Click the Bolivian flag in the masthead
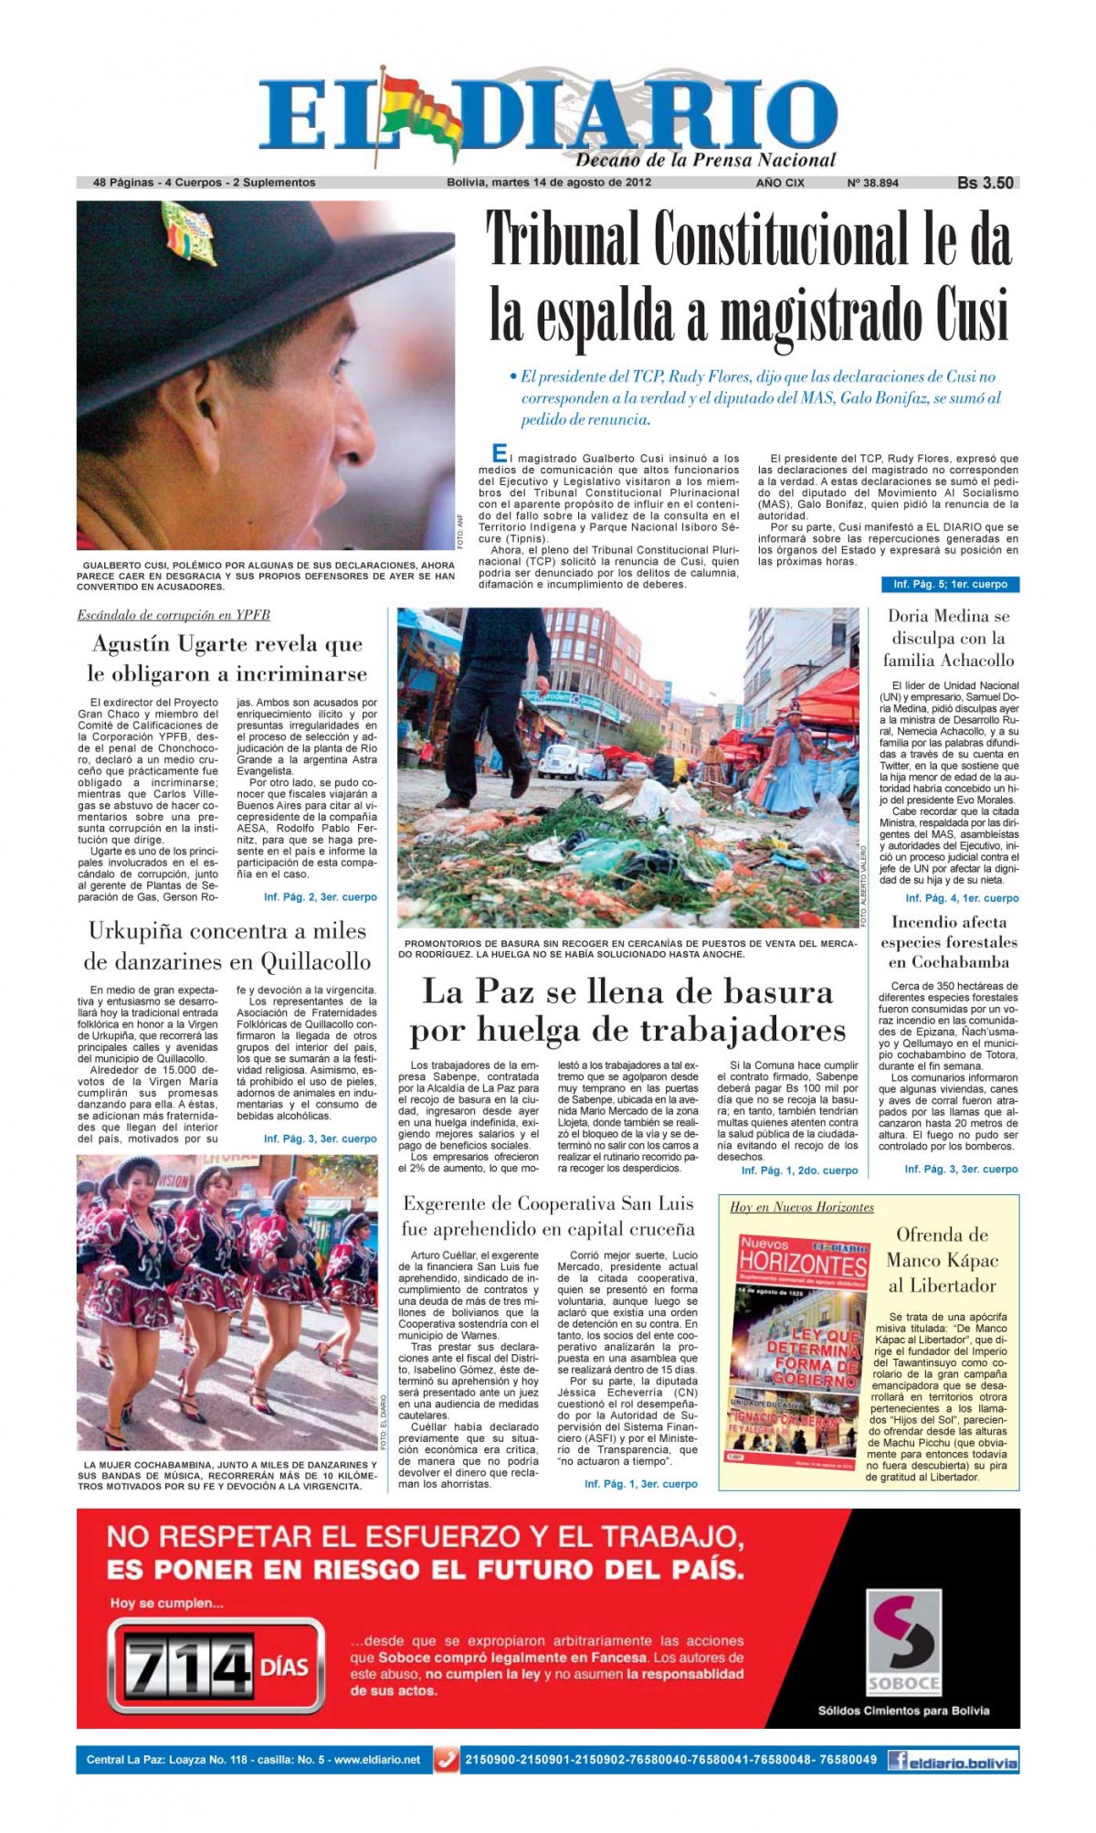click(x=420, y=114)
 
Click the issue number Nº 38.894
click(x=872, y=183)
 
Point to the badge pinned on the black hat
click(x=187, y=233)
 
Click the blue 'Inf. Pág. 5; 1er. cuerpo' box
click(x=950, y=584)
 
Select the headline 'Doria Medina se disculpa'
click(x=949, y=638)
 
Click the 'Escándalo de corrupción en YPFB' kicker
click(x=174, y=615)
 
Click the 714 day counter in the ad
click(x=188, y=1668)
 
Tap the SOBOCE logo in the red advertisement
click(x=903, y=1645)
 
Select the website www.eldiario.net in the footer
click(x=377, y=1759)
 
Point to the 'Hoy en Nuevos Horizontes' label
click(x=801, y=1207)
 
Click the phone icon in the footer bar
click(x=447, y=1759)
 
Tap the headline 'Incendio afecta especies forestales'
click(x=949, y=942)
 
